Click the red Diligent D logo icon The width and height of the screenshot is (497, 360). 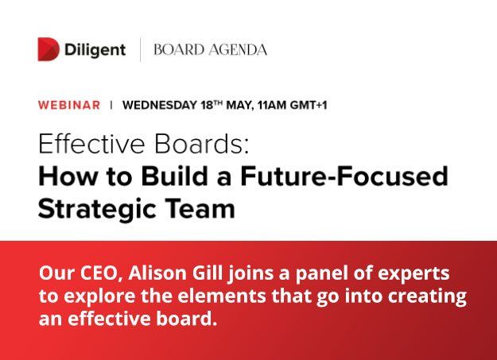click(x=49, y=49)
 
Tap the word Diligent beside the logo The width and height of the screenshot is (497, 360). click(x=95, y=49)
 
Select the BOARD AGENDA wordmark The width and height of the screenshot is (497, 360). click(x=210, y=49)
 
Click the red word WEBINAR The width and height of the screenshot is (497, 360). click(x=69, y=104)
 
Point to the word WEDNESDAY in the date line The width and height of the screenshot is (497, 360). click(x=159, y=104)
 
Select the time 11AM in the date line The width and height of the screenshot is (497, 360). click(x=273, y=104)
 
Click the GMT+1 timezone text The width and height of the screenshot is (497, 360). click(x=310, y=104)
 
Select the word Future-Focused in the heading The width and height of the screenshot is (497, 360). click(x=347, y=176)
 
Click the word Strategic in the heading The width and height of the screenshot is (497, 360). click(x=94, y=208)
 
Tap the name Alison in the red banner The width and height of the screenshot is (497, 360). click(x=153, y=274)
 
